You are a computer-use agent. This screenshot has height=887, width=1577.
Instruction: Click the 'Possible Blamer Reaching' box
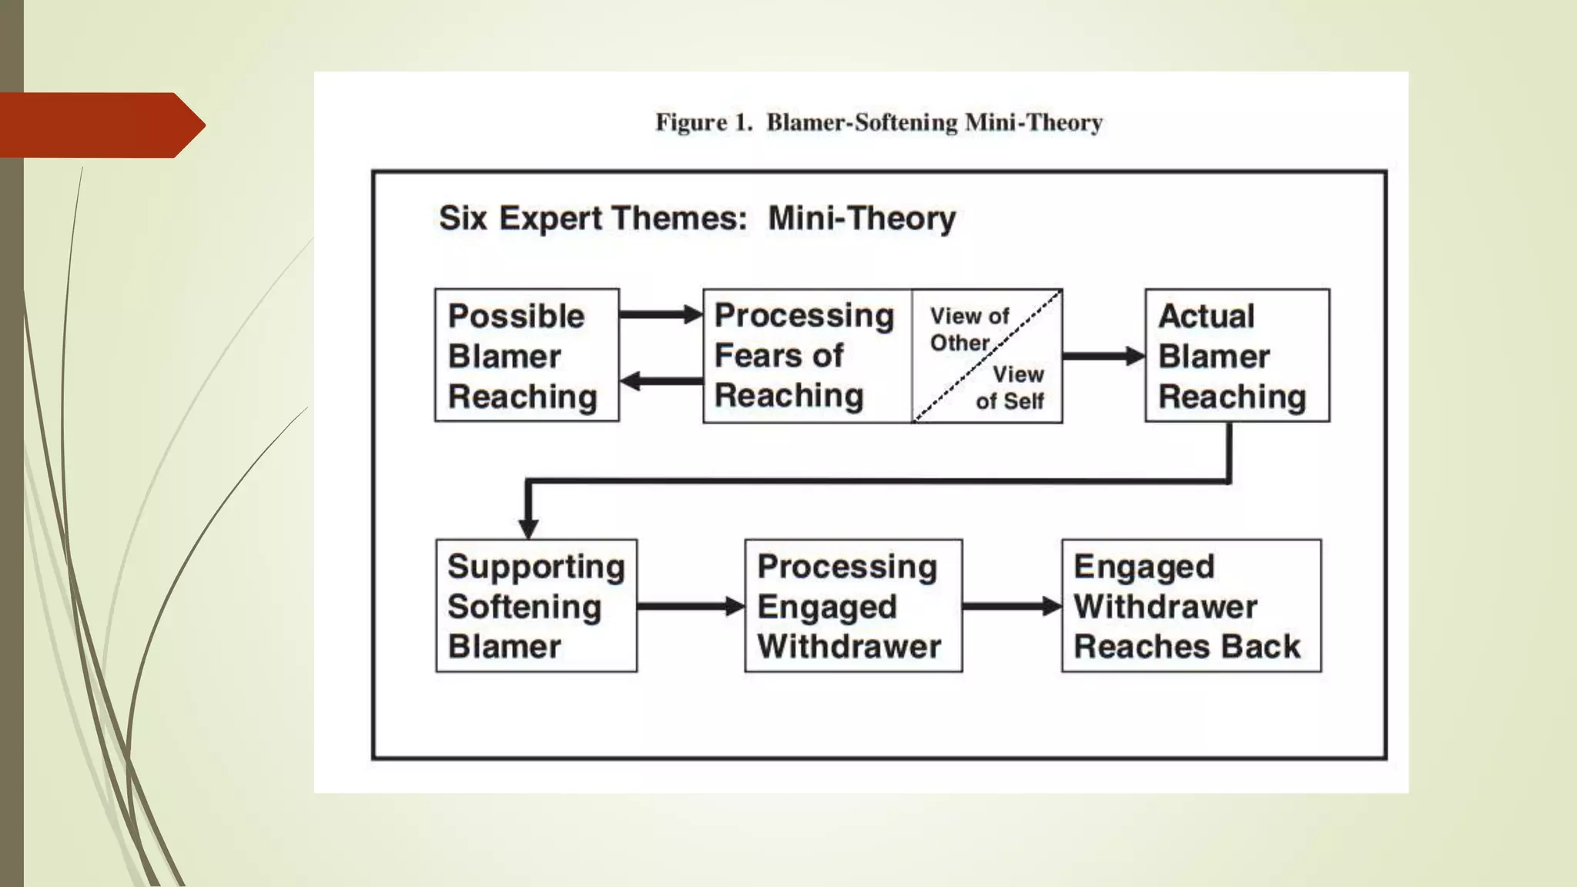coord(527,355)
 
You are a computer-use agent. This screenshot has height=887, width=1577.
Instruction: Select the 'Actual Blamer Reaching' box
coord(1237,355)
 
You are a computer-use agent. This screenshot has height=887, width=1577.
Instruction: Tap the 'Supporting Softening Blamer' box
coord(536,606)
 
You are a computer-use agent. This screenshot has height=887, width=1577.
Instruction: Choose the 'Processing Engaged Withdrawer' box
coord(853,606)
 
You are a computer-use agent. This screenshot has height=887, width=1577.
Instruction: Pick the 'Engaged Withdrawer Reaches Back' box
coord(1191,606)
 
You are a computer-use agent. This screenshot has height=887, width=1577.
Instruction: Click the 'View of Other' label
coord(968,329)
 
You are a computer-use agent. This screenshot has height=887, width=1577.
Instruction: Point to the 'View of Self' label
coord(1012,387)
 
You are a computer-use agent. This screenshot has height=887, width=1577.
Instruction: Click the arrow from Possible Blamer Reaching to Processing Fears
coord(661,314)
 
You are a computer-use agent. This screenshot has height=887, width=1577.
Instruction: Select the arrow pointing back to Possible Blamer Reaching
coord(661,380)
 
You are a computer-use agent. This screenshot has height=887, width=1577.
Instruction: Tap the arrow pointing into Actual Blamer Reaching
coord(1103,356)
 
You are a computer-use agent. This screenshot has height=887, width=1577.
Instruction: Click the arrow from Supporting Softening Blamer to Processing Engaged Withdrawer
coord(690,607)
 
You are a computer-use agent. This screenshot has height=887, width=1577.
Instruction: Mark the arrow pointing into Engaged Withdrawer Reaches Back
coord(1011,607)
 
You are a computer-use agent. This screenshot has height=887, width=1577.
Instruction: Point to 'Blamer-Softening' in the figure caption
coord(862,122)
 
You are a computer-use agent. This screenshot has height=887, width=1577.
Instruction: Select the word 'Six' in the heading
coord(464,218)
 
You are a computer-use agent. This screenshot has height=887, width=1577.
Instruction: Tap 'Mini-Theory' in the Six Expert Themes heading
coord(862,218)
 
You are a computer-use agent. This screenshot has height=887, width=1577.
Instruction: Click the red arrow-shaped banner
coord(100,126)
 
